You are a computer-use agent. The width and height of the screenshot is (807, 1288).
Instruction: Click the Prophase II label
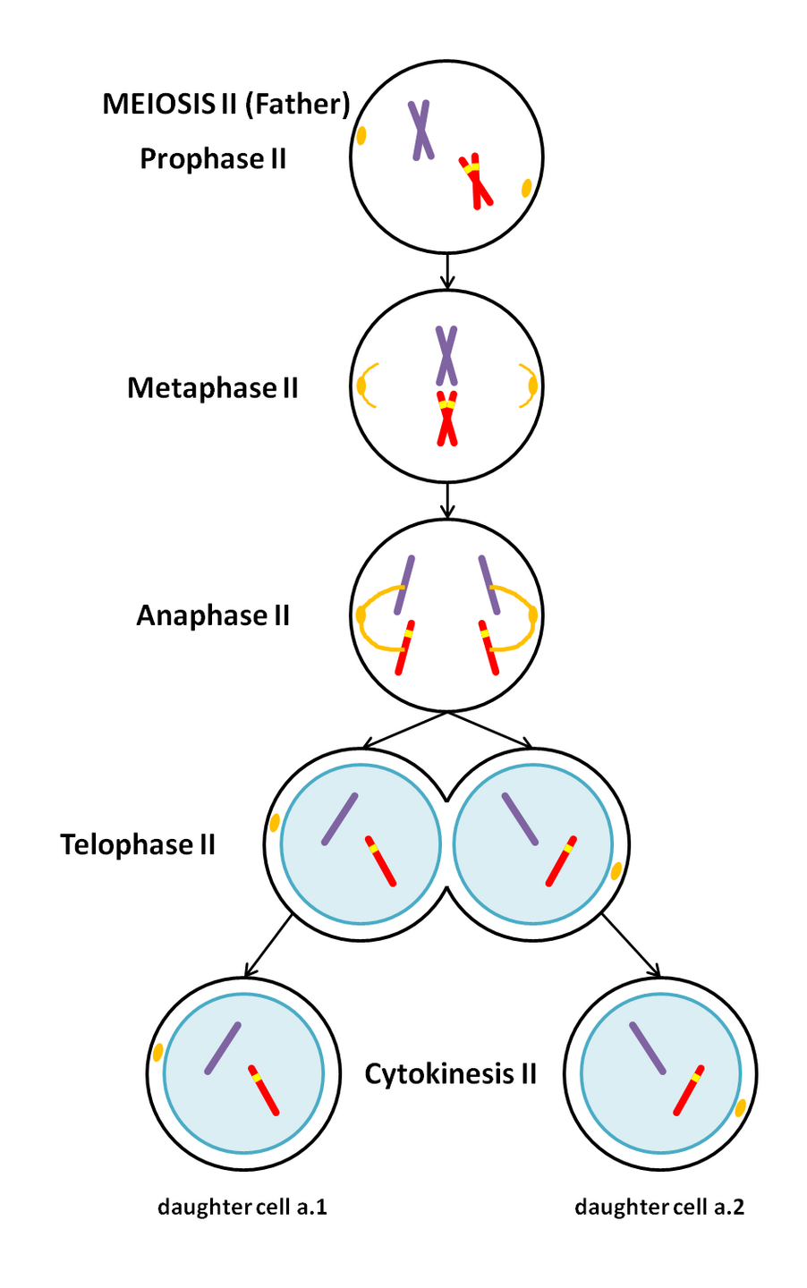coord(213,159)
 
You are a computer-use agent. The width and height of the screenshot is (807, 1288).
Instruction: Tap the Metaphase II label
coord(213,388)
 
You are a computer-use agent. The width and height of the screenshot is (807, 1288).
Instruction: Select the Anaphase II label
coord(213,616)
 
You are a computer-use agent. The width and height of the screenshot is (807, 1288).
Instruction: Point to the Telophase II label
coord(138,845)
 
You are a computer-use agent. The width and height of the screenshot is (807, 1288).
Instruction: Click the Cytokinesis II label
coord(450,1073)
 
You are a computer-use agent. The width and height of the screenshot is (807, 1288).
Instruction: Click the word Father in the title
coord(295,105)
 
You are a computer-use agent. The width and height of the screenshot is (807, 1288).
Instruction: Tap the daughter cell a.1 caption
coord(242,1207)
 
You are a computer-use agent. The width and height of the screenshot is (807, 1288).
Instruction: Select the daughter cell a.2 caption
coord(659,1207)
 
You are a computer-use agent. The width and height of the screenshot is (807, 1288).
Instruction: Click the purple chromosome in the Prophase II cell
coord(421,131)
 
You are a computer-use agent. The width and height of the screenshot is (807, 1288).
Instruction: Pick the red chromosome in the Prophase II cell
coord(477,183)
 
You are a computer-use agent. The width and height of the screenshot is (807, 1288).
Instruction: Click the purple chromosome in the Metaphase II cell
coord(446,355)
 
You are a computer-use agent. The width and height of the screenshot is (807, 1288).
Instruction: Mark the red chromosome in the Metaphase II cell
coord(446,419)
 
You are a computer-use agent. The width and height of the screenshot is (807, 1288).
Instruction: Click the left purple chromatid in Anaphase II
coord(406,584)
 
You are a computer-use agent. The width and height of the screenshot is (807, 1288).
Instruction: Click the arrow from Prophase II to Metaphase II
coord(447,271)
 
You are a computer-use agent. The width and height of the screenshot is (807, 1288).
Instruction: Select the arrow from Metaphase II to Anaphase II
coord(447,500)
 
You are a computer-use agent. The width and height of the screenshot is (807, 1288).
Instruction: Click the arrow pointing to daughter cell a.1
coord(268,945)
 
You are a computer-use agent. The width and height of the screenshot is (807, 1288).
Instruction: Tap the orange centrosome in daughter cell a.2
coord(741,1108)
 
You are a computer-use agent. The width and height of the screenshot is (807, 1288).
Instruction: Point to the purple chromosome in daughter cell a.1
coord(223,1048)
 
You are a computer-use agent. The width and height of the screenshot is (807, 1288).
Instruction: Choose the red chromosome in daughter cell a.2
coord(688,1090)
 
